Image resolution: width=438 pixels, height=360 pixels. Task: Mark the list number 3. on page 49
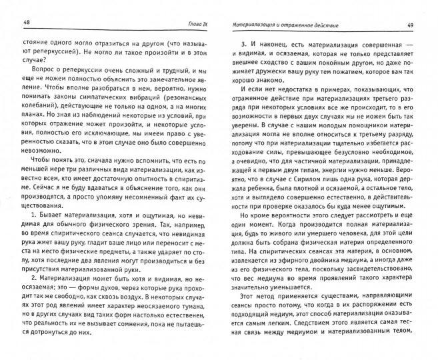[x=243, y=44]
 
